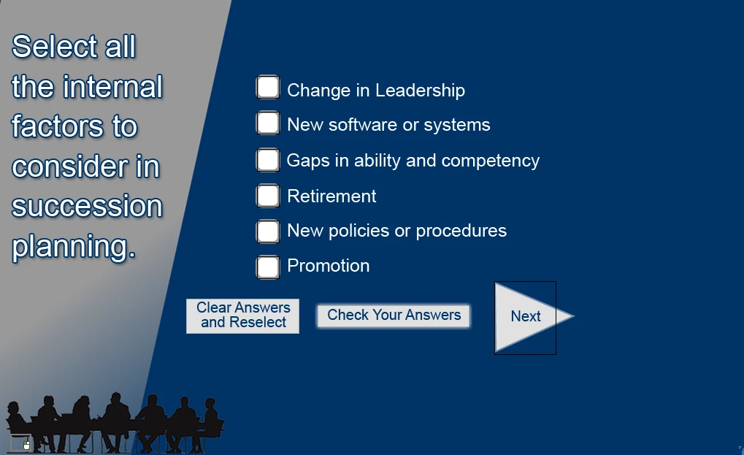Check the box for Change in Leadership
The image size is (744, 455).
pos(268,88)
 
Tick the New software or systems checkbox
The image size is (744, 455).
pos(268,123)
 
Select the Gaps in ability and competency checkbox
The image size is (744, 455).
pos(268,159)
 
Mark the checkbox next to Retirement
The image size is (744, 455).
pos(268,196)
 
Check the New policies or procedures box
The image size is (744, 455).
pos(268,231)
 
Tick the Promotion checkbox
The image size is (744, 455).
pos(268,267)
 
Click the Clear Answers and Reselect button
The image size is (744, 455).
pos(242,316)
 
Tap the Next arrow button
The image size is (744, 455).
pos(526,317)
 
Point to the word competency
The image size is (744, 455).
pos(490,161)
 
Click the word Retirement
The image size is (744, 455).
pos(331,196)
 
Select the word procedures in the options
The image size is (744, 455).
pos(461,231)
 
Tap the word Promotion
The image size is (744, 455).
pos(329,266)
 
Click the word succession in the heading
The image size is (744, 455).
pos(87,206)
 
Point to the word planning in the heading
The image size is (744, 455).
pos(74,247)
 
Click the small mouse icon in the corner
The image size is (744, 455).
pos(26,445)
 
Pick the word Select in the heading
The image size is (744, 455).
pos(54,47)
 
